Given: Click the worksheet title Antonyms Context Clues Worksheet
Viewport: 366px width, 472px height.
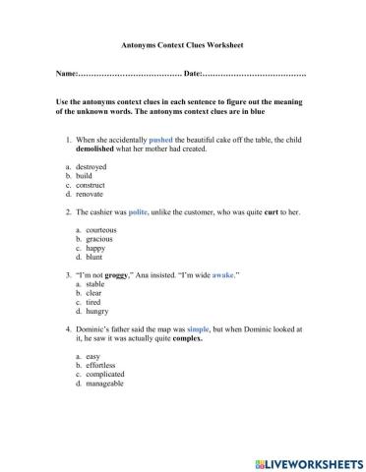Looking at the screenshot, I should (182, 45).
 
